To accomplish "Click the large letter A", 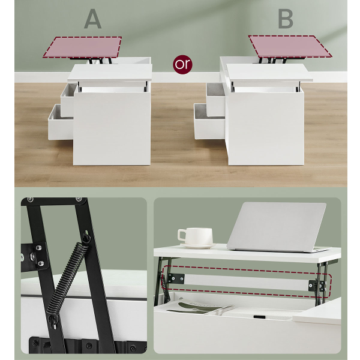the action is (93, 19).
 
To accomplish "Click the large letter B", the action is (286, 19).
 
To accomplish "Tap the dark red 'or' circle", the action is (182, 64).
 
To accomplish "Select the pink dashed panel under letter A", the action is (83, 47).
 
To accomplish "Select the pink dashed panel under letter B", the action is (290, 47).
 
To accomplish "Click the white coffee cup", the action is (195, 236).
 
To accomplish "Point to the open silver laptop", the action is (277, 227).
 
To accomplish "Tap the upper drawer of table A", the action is (68, 100).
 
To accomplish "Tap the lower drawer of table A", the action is (60, 122).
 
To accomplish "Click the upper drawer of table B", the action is (215, 100).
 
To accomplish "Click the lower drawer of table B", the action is (209, 121).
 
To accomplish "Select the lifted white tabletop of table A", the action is (110, 73).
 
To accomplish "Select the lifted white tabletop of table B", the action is (269, 73).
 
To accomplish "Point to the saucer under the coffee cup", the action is (199, 245).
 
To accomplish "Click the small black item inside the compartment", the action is (259, 317).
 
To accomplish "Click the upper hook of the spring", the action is (86, 237).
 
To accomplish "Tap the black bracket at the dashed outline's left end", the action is (175, 279).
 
